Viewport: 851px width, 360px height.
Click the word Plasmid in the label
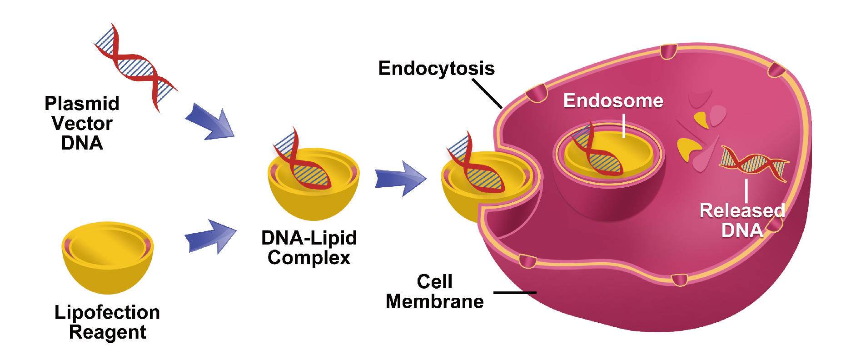82,104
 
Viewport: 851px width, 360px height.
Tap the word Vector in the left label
82,124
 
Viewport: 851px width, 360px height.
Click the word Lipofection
107,313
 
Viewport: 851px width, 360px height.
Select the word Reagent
107,332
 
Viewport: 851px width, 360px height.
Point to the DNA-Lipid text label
309,238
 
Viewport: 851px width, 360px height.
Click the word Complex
309,258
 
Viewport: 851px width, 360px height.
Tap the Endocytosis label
436,69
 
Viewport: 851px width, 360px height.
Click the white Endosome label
613,101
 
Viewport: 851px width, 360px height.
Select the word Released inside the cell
742,211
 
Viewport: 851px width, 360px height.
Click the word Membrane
435,302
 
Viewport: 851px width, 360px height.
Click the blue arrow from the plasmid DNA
211,122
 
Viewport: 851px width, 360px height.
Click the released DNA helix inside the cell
754,164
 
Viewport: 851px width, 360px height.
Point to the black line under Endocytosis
487,94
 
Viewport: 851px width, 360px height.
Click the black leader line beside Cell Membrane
515,293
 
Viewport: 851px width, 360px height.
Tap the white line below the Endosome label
624,125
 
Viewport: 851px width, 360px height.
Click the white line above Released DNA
746,190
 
